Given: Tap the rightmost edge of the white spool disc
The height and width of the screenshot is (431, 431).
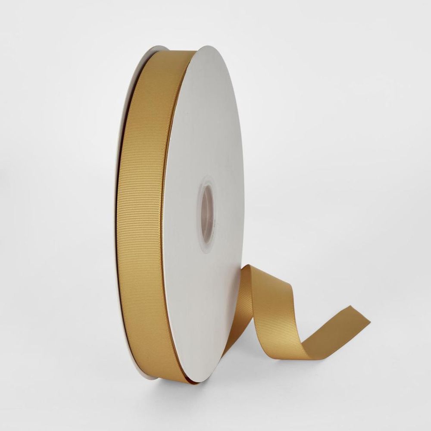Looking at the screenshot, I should tap(244, 207).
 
